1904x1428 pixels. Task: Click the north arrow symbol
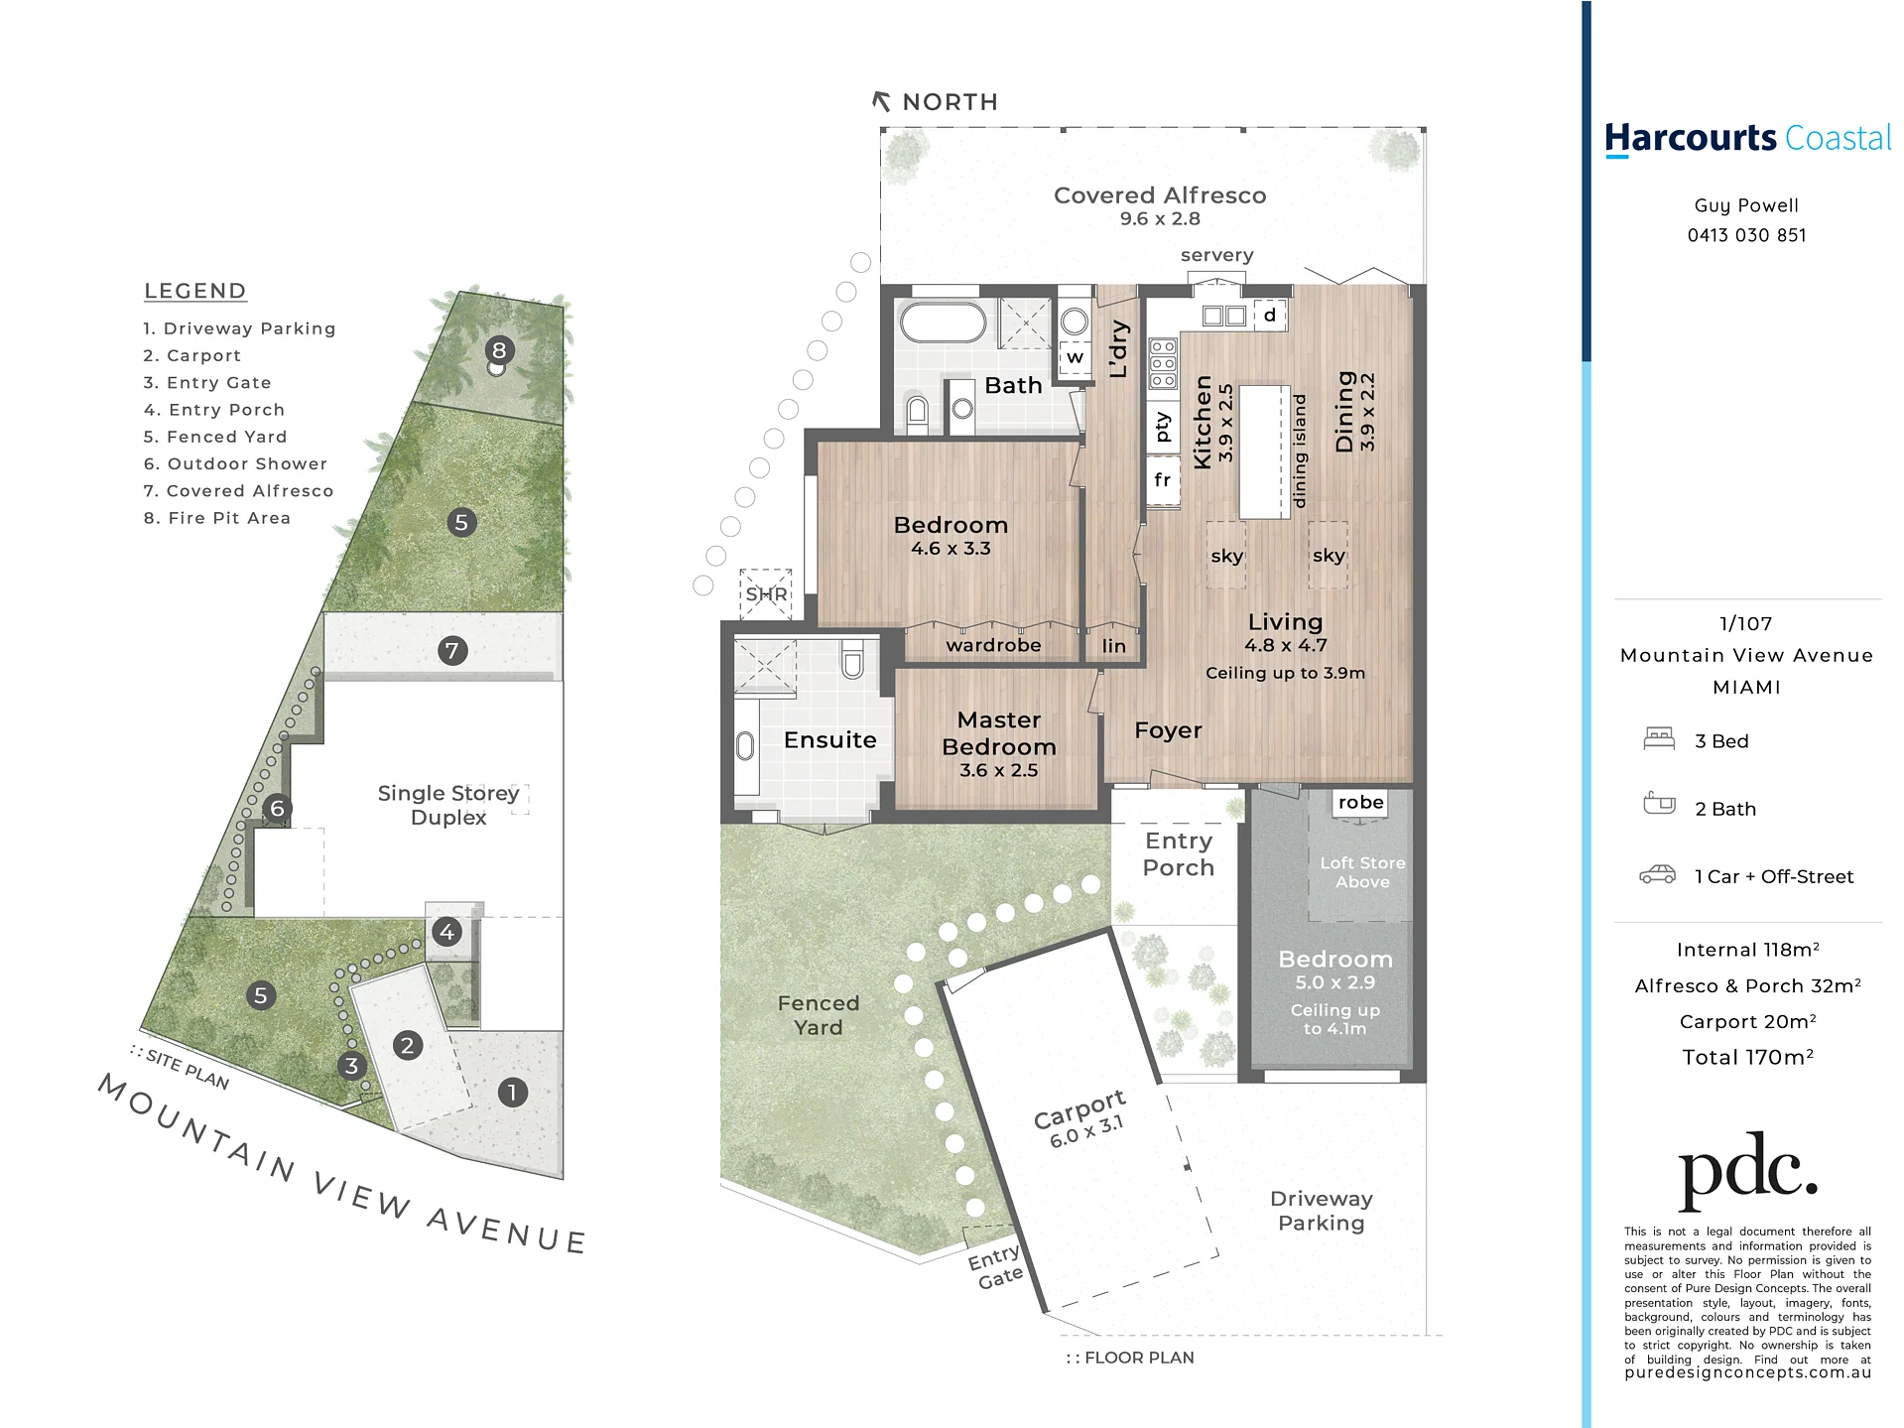(x=881, y=101)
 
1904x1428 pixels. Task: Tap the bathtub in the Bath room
(x=942, y=323)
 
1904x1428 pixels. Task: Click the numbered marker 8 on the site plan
(x=499, y=349)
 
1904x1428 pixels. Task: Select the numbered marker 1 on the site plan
(x=512, y=1093)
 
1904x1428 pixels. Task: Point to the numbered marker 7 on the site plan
(x=452, y=651)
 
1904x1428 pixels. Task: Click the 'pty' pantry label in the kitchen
(x=1163, y=427)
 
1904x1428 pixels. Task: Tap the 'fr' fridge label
(x=1163, y=480)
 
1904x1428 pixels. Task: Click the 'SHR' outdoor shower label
(x=766, y=594)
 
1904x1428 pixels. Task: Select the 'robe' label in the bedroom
(x=1360, y=802)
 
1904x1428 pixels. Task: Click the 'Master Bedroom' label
(x=999, y=733)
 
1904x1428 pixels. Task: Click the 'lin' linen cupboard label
(x=1114, y=646)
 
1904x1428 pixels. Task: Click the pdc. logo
(x=1747, y=1172)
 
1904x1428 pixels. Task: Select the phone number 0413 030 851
(x=1746, y=235)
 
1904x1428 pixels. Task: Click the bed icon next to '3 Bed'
(x=1659, y=738)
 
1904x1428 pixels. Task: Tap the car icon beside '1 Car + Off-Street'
(x=1657, y=874)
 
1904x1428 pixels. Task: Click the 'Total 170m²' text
(x=1747, y=1057)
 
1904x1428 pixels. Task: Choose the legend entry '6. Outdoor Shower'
(x=235, y=463)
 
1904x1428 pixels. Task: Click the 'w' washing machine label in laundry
(x=1075, y=357)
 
